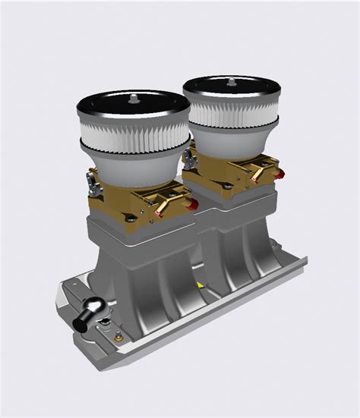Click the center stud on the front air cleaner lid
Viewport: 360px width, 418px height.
click(x=134, y=96)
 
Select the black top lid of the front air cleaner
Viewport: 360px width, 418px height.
click(x=114, y=103)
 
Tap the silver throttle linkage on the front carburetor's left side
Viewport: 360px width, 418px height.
click(x=92, y=181)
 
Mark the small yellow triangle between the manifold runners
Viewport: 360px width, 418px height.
click(x=199, y=284)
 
